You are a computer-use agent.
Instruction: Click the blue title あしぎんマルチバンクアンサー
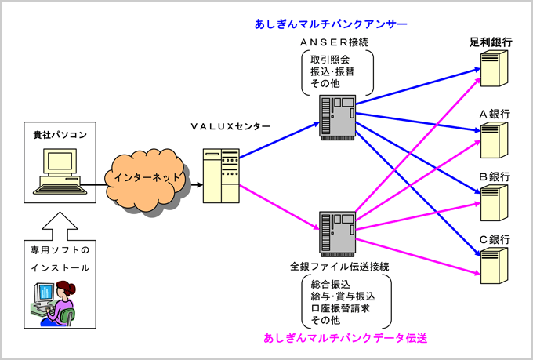coord(330,25)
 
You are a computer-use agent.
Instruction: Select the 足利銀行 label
coord(486,43)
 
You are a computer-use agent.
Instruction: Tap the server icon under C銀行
coord(491,267)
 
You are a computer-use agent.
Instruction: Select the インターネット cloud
coord(148,178)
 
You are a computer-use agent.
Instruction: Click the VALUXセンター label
coord(231,126)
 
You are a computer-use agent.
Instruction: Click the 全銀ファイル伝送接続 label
coord(339,267)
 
